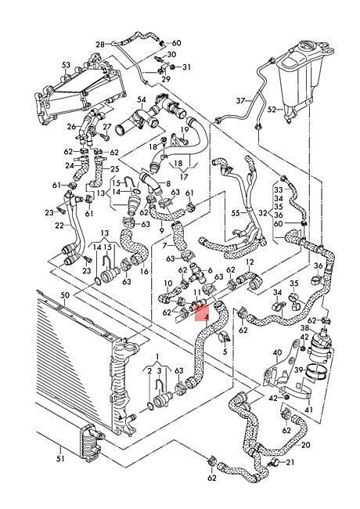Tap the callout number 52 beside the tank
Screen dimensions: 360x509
tap(272, 110)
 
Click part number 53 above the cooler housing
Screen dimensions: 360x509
tap(66, 65)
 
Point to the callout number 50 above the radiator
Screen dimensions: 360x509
tap(65, 295)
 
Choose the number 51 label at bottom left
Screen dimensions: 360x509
tap(60, 459)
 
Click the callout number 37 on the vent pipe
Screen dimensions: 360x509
tap(240, 101)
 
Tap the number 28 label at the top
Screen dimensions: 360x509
tap(100, 45)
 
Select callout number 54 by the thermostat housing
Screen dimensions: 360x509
tap(142, 99)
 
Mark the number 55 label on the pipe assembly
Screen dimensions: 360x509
tap(236, 213)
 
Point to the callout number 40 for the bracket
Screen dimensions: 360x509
tap(277, 352)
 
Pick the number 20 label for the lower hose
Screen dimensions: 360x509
tap(305, 445)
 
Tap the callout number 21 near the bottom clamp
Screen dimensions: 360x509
tap(290, 461)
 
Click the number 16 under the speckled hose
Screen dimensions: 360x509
tap(144, 271)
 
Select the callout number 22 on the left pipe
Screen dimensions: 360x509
tap(59, 225)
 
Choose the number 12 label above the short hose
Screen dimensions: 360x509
tap(250, 262)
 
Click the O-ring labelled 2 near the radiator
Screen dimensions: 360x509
tap(149, 405)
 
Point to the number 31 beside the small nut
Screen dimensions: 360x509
tap(186, 67)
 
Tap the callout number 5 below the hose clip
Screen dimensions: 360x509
tap(225, 352)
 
